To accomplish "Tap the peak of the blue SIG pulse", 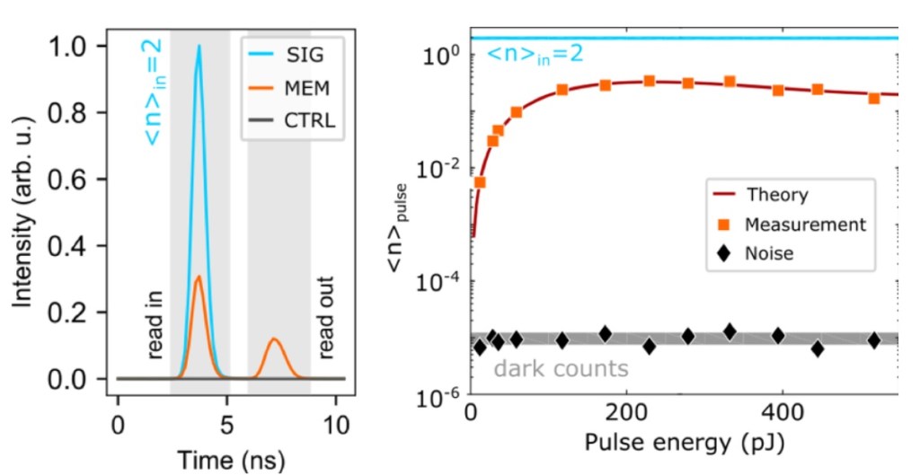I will (x=199, y=47).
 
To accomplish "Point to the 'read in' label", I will (x=155, y=324).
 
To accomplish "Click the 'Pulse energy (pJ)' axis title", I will (x=683, y=444).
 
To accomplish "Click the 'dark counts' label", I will (x=561, y=368).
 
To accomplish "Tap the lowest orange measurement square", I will (x=480, y=182).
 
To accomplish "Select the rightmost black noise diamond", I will (x=874, y=340).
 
